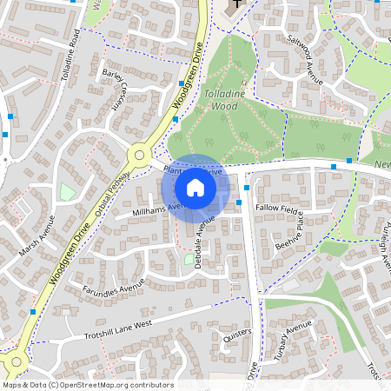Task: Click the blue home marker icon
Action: click(x=195, y=188)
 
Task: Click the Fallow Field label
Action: click(x=278, y=209)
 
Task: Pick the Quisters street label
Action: click(x=236, y=332)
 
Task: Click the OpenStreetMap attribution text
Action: click(x=87, y=385)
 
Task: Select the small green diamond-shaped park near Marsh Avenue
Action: click(x=68, y=191)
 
